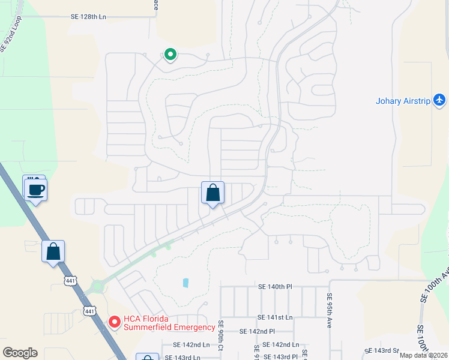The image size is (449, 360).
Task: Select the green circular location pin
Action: [x=170, y=55]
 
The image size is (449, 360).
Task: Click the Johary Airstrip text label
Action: [x=403, y=101]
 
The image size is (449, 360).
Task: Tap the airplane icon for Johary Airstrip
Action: [x=440, y=100]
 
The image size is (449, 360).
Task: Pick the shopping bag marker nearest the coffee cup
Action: [x=53, y=251]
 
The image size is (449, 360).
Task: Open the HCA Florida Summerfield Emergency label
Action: [x=169, y=323]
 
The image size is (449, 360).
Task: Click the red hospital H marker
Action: [x=114, y=323]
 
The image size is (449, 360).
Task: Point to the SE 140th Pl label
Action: [x=274, y=287]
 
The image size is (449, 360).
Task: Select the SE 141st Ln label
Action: [x=275, y=317]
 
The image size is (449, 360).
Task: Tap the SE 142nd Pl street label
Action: [x=257, y=331]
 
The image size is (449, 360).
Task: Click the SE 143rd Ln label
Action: [x=183, y=357]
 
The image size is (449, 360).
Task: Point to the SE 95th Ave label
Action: [x=330, y=305]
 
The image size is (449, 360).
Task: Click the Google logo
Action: [x=20, y=353]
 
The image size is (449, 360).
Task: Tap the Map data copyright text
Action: [x=423, y=355]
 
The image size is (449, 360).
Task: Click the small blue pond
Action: [x=185, y=282]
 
